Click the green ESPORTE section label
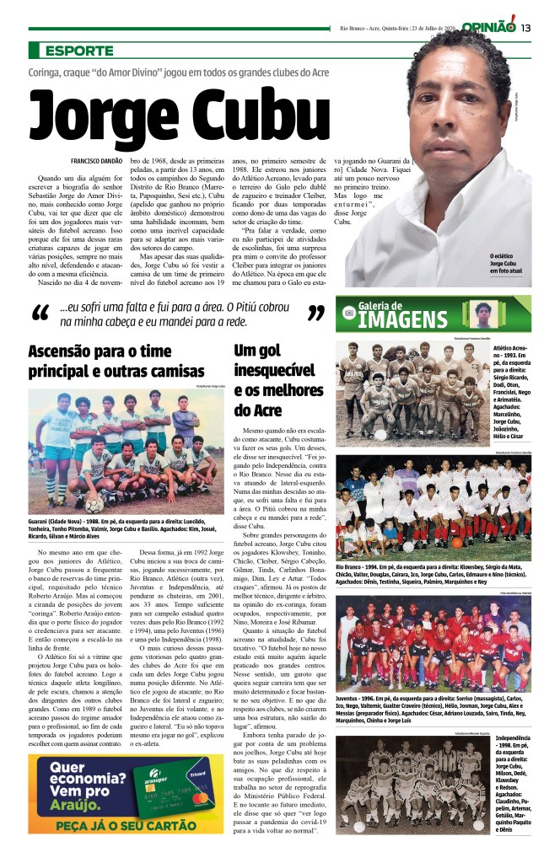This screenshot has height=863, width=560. point(79,51)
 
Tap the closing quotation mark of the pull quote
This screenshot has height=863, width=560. point(315,315)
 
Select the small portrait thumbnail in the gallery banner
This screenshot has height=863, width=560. point(483,314)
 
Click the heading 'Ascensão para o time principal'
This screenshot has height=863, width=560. point(116,361)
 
